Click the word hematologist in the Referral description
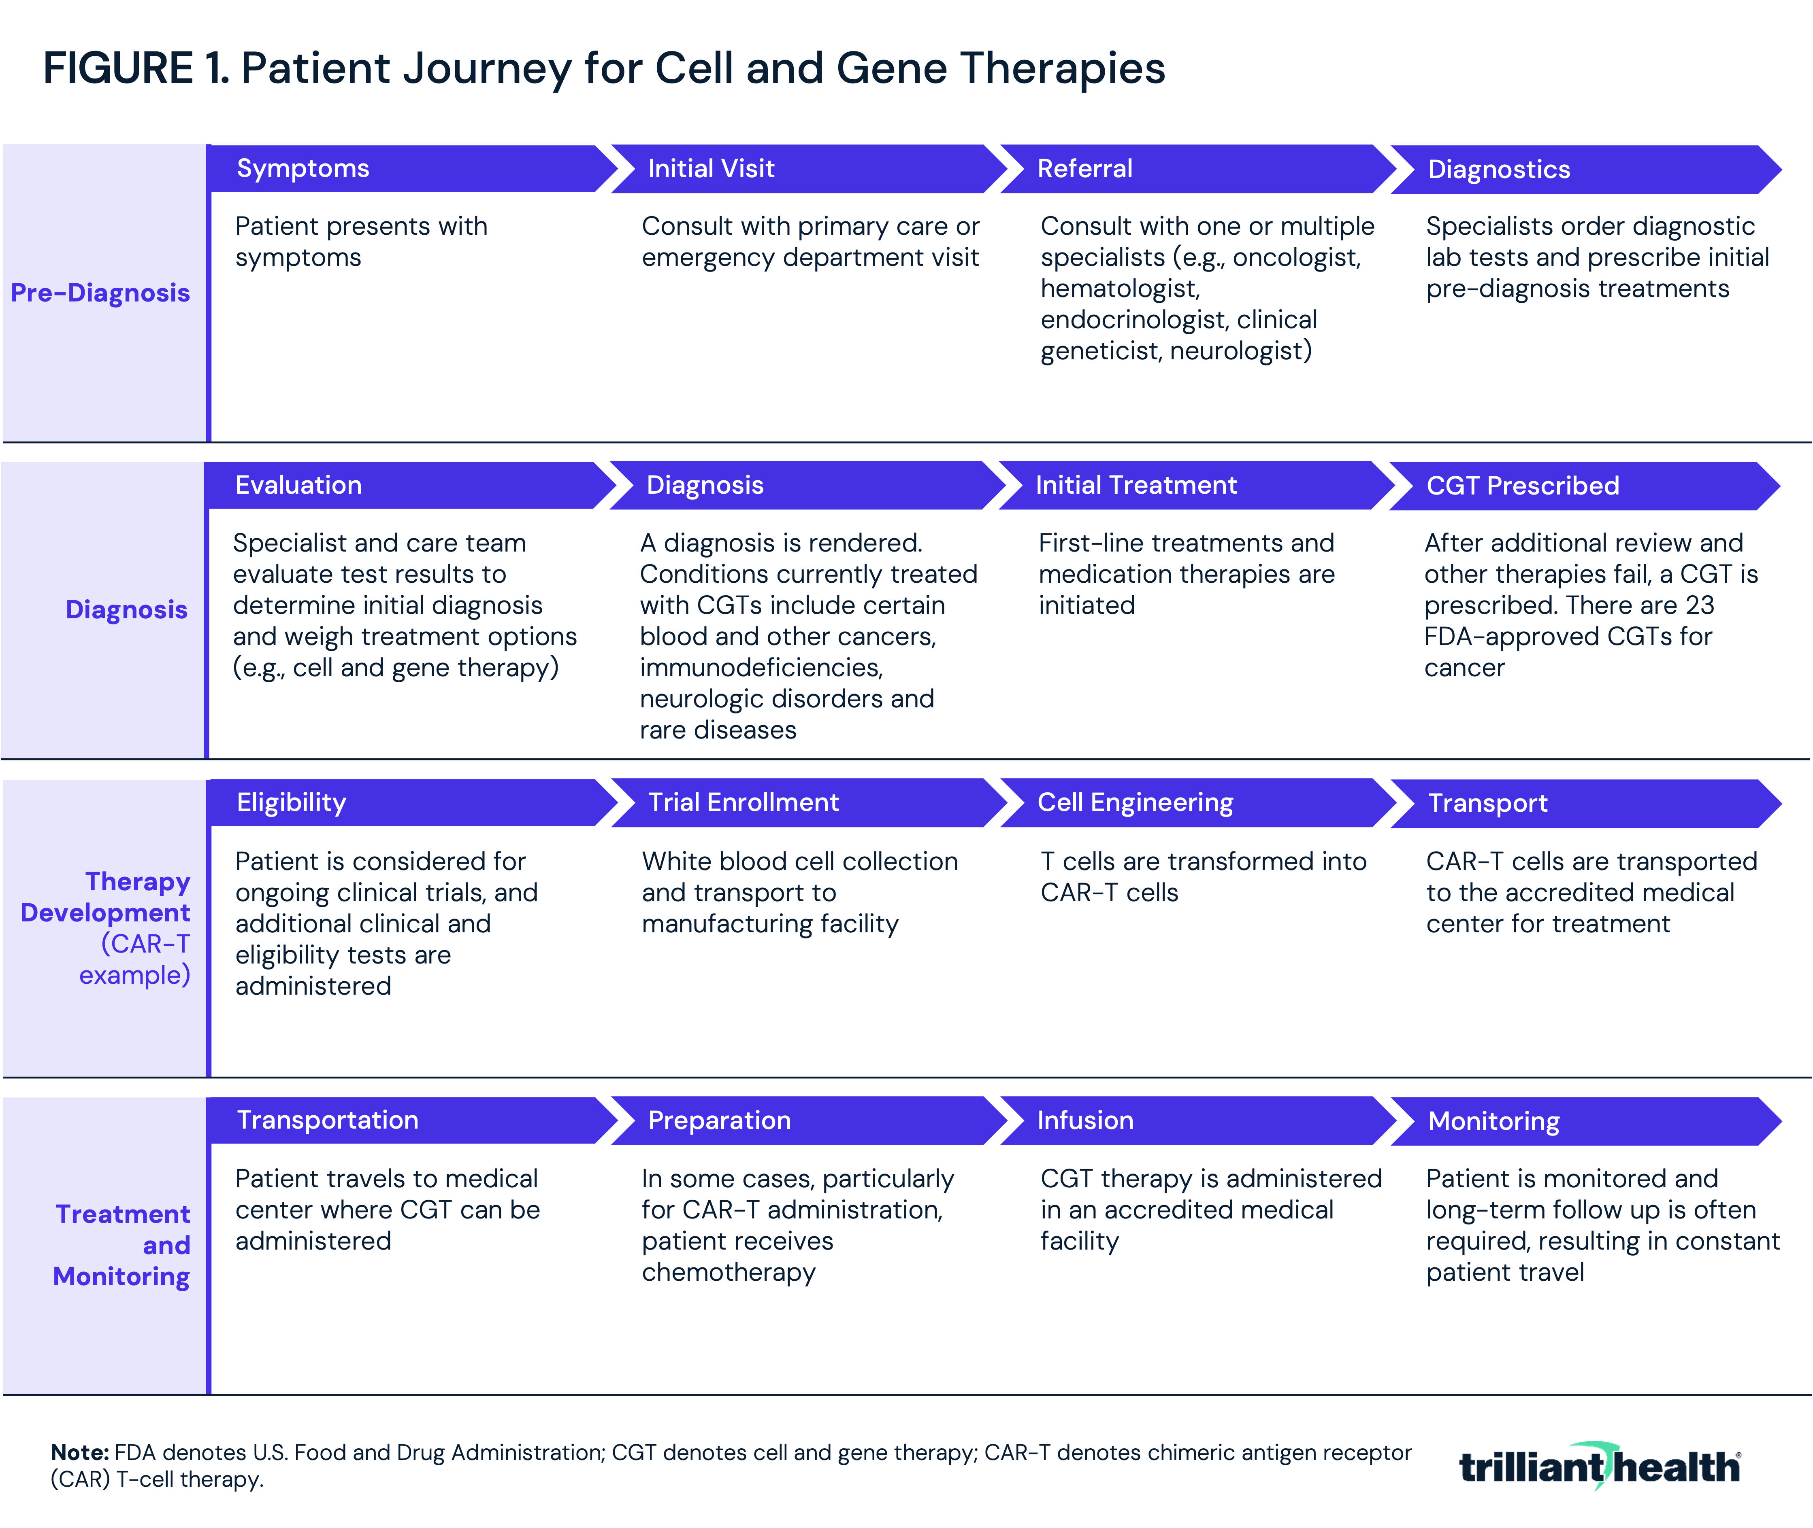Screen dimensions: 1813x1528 pyautogui.click(x=1120, y=289)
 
